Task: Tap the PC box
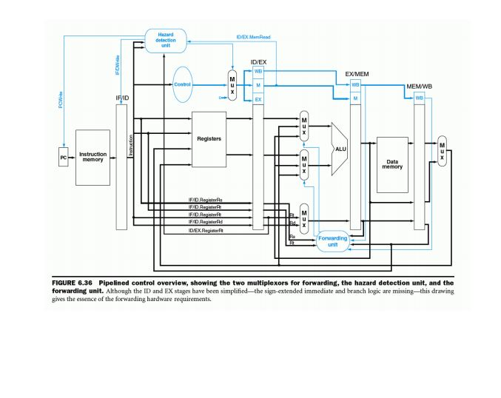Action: pos(64,158)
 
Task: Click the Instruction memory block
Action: pos(93,158)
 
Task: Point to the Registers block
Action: pos(209,138)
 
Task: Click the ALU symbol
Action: pos(340,149)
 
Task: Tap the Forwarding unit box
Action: pos(332,241)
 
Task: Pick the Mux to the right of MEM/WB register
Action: pos(442,151)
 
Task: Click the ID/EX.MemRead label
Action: pos(253,37)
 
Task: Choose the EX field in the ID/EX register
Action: pos(258,98)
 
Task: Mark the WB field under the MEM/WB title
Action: pos(419,98)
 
